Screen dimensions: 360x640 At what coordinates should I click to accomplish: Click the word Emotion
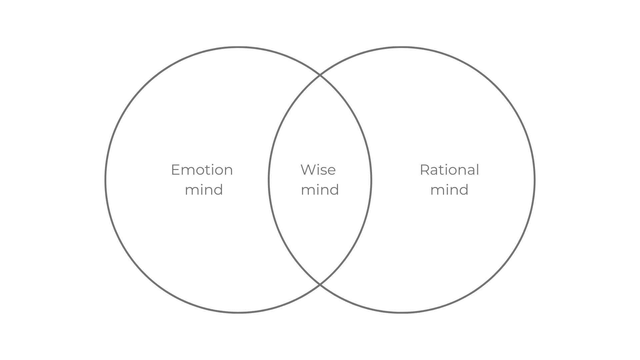pyautogui.click(x=202, y=170)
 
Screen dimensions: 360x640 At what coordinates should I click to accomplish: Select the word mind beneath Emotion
pyautogui.click(x=204, y=190)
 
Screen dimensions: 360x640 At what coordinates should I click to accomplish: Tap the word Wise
pyautogui.click(x=318, y=170)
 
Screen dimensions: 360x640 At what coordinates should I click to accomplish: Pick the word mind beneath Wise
pyautogui.click(x=320, y=190)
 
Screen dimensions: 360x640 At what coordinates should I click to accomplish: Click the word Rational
pyautogui.click(x=449, y=170)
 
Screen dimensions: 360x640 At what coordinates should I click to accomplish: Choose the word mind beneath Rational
pyautogui.click(x=449, y=190)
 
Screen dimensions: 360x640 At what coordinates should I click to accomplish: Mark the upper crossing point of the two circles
pyautogui.click(x=320, y=76)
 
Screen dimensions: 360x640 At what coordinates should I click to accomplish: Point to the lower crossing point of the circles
pyautogui.click(x=320, y=284)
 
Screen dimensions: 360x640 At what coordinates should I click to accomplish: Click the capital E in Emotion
pyautogui.click(x=175, y=170)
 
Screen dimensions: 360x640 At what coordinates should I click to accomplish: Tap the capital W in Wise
pyautogui.click(x=307, y=170)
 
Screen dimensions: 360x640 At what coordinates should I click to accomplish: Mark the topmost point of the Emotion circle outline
pyautogui.click(x=238, y=47)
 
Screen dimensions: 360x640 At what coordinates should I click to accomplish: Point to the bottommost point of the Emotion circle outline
pyautogui.click(x=238, y=312)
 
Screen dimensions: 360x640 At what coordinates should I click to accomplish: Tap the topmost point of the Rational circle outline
pyautogui.click(x=402, y=47)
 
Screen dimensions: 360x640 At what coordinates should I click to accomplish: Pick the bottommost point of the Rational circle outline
pyautogui.click(x=402, y=312)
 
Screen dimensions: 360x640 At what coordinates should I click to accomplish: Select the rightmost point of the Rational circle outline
pyautogui.click(x=534, y=180)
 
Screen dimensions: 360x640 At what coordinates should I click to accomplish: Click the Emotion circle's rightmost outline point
pyautogui.click(x=371, y=180)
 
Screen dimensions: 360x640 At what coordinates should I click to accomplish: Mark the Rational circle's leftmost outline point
pyautogui.click(x=269, y=180)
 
